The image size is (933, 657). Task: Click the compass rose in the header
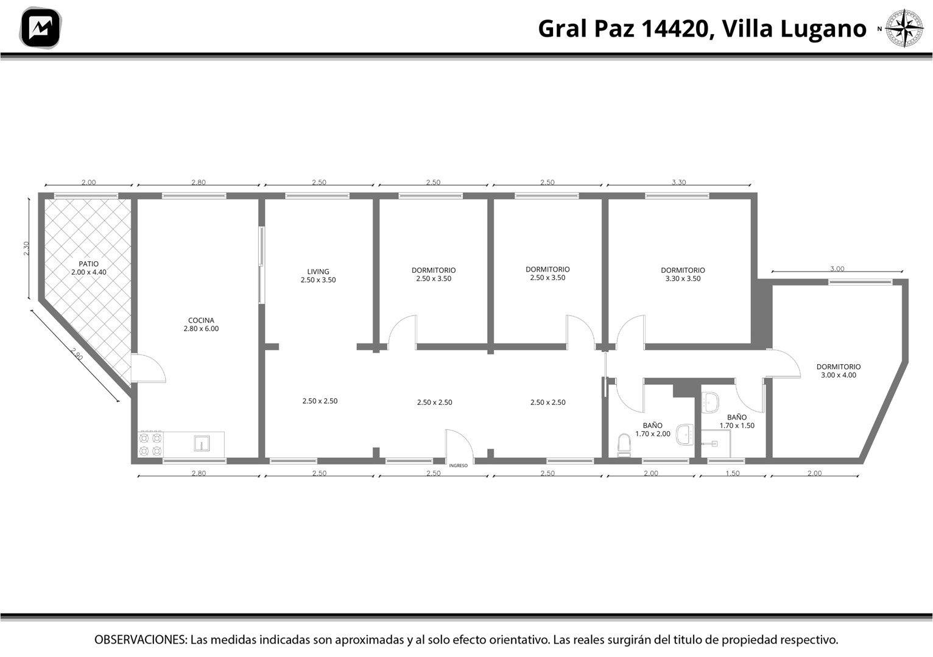click(x=904, y=28)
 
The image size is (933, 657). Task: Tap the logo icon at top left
click(x=40, y=28)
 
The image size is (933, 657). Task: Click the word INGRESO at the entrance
click(x=458, y=465)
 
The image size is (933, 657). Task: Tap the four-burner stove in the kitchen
click(x=150, y=444)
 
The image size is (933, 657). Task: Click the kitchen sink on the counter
click(x=202, y=443)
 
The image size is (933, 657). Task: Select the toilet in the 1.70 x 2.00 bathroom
click(x=624, y=445)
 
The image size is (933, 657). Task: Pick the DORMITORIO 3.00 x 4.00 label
click(x=839, y=371)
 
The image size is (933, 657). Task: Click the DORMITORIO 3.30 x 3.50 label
click(x=683, y=275)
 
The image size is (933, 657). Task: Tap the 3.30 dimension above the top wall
click(x=678, y=182)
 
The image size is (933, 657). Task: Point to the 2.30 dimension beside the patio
click(x=27, y=248)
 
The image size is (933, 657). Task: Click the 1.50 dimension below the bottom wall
click(x=733, y=473)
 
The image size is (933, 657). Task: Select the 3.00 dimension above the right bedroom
click(x=837, y=269)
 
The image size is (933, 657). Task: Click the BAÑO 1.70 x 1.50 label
click(x=737, y=421)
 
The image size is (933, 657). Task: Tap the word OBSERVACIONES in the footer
click(x=141, y=639)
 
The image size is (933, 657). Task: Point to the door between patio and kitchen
click(x=149, y=368)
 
